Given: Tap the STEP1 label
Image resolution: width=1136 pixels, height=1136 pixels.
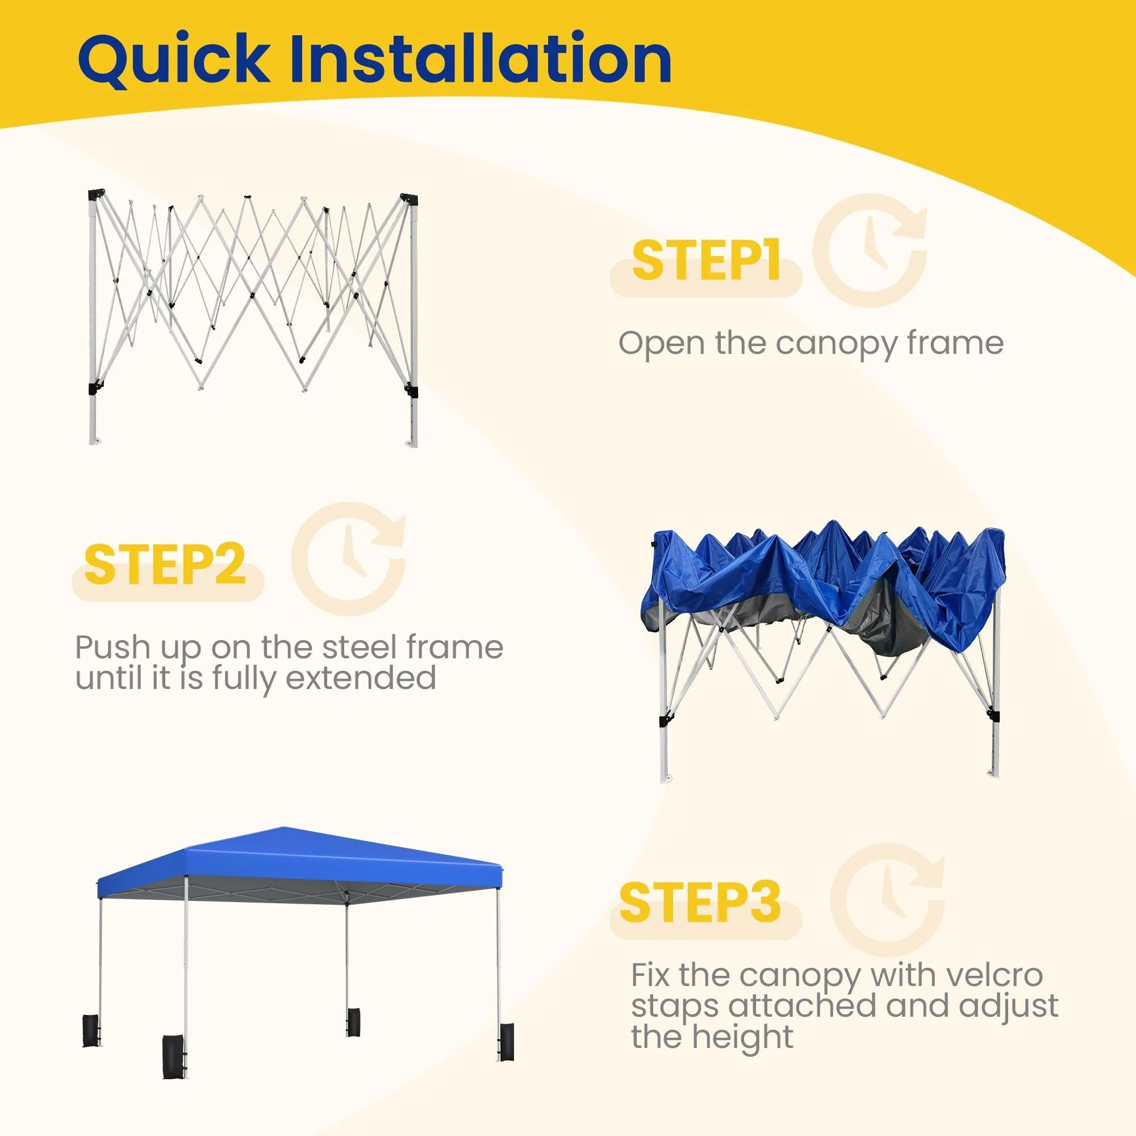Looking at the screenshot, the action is pos(705,260).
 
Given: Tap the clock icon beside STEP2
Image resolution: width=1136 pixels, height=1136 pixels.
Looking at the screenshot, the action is pos(349,559).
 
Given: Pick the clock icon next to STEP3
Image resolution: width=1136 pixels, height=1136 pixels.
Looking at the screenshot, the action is pos(887,900).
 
